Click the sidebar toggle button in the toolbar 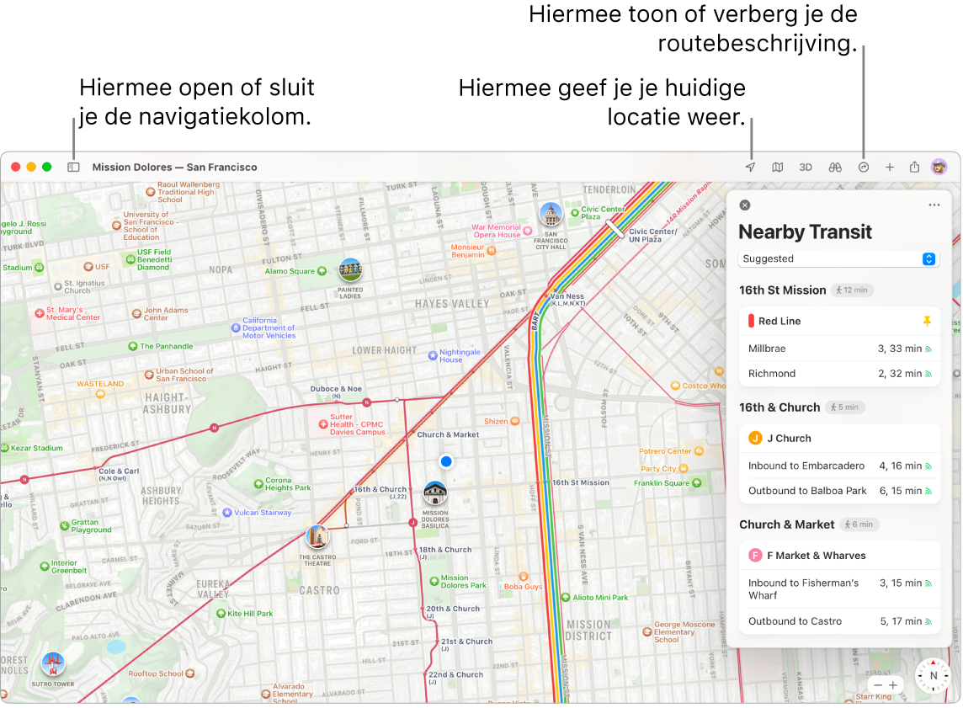point(73,167)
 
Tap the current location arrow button point(750,167)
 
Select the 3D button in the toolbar point(806,167)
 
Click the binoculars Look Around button point(835,167)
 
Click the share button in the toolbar point(914,167)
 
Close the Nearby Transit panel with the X point(744,205)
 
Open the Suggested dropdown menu point(838,259)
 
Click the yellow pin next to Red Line point(928,321)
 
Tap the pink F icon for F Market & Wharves point(755,556)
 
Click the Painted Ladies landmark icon point(350,269)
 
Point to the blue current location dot point(446,461)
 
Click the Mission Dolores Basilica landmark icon point(435,493)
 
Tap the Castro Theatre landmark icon point(317,536)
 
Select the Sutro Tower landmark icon point(52,663)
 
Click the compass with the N point(933,675)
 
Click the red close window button point(15,167)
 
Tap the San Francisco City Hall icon point(551,215)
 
